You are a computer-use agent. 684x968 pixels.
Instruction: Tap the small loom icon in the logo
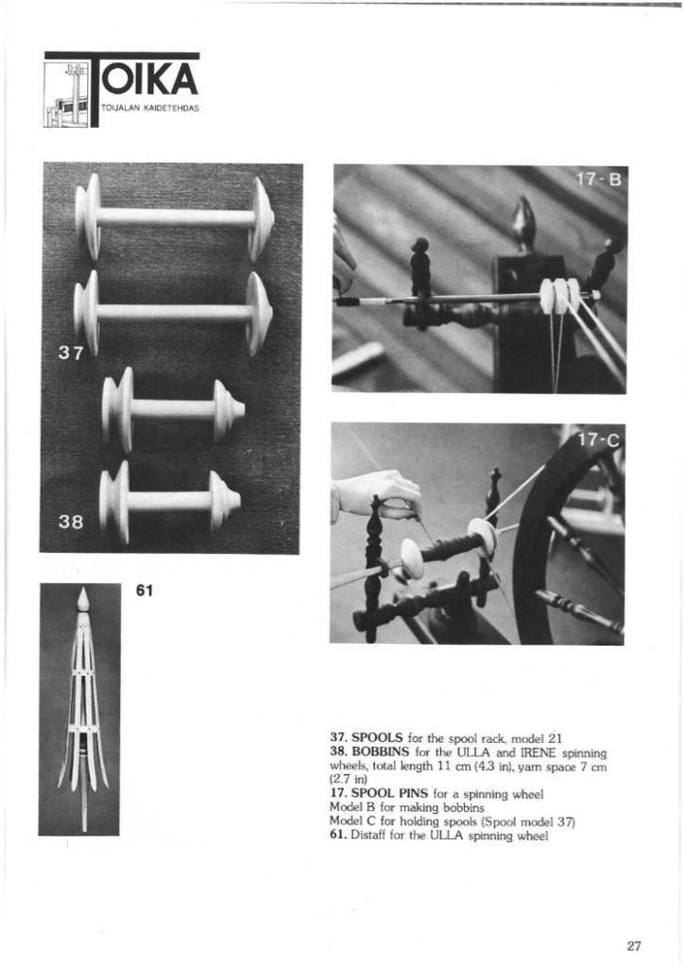click(68, 93)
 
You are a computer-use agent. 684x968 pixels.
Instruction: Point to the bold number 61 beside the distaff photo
click(145, 591)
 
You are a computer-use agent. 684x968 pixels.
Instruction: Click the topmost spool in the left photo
click(175, 216)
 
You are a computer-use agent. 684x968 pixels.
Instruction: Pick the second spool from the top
click(174, 313)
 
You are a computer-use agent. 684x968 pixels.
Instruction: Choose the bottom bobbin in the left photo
click(170, 501)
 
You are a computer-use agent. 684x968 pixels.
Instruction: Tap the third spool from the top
click(173, 409)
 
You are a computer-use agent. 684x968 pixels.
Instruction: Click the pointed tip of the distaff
click(83, 596)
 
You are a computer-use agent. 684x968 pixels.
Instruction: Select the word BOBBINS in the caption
click(381, 751)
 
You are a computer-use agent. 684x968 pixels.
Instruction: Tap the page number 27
click(633, 944)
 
